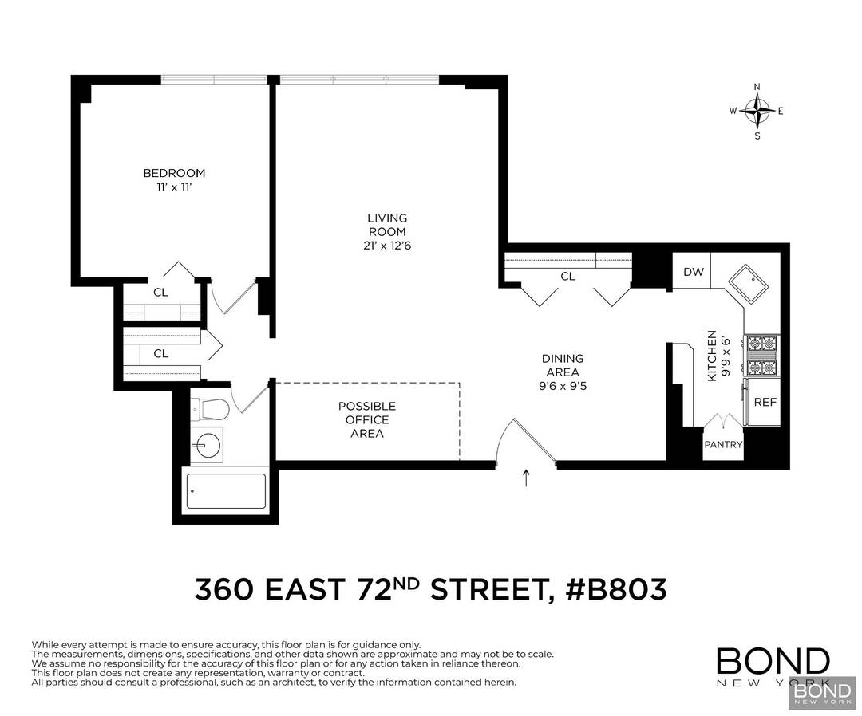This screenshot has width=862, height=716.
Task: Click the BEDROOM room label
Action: pos(174,173)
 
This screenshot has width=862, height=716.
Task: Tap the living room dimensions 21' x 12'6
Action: pos(386,246)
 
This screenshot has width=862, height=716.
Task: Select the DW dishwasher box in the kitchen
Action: pos(694,272)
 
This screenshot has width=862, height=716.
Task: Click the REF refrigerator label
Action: pos(765,402)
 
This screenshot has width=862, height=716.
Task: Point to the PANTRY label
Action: pos(723,445)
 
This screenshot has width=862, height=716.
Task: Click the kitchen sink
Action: pos(748,282)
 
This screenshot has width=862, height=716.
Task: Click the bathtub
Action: pos(226,491)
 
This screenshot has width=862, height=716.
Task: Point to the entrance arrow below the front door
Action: pos(525,478)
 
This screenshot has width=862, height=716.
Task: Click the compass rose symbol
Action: pos(757,111)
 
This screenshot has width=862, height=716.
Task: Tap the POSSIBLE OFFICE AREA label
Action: pos(366,420)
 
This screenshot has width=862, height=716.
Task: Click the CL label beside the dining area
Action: pos(567,277)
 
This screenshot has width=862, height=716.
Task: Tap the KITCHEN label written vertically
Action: pos(710,355)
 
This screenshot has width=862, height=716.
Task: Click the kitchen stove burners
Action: pos(761,356)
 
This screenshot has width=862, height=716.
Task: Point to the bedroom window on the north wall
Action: pos(213,80)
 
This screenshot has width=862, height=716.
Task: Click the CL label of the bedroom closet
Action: pos(160,293)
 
